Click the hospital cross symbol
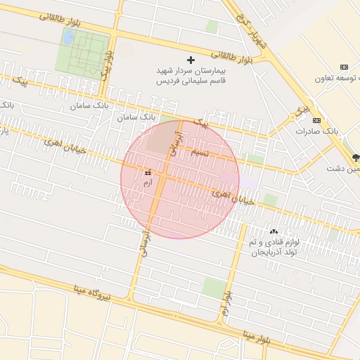(x=191, y=60)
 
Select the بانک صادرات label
(x=317, y=131)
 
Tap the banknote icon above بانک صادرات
(x=316, y=120)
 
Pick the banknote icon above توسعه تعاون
(x=344, y=65)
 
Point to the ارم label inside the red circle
(x=148, y=183)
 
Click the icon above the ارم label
(x=148, y=172)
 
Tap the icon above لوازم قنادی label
(x=274, y=232)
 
